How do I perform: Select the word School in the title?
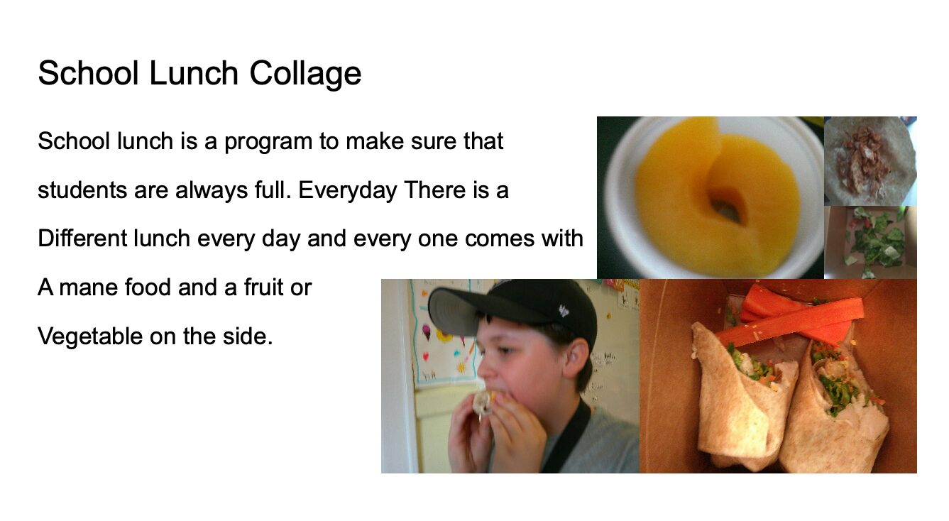[89, 73]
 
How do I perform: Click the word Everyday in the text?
[347, 191]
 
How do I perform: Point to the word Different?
[82, 238]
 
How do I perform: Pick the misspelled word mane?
[88, 288]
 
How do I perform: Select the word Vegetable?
[90, 337]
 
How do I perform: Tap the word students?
[82, 190]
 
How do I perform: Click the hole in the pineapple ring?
[727, 205]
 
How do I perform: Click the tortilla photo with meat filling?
[870, 161]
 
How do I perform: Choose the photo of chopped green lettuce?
[870, 242]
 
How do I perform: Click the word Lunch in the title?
[194, 73]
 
